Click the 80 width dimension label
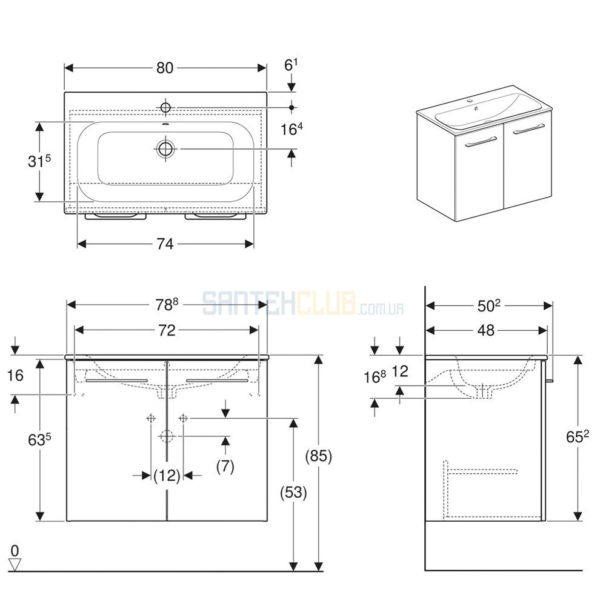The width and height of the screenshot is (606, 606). point(165,68)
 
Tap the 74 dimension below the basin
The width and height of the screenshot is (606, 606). point(165,244)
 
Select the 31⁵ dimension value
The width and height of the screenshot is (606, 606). point(39,161)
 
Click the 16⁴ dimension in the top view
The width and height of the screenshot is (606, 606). point(291,128)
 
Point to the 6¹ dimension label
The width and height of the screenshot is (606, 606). point(291,65)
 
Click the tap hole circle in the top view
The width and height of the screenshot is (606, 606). point(166,107)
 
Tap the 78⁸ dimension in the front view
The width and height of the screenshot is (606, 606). point(167,305)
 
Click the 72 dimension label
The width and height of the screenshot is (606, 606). point(167,330)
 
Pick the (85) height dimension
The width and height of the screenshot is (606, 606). point(319,456)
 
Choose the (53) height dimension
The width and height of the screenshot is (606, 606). point(294,492)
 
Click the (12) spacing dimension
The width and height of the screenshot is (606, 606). point(167,475)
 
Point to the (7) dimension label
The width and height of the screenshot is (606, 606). point(225,467)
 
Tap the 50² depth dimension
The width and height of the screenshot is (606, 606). point(489,305)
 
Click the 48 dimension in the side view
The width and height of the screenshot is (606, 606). point(486,330)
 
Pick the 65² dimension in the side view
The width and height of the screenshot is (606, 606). point(578,436)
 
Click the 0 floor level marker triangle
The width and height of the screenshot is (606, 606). point(15,565)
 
